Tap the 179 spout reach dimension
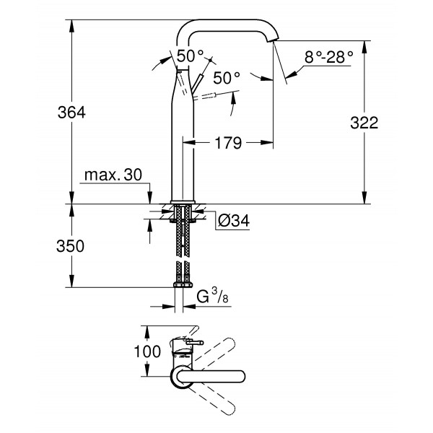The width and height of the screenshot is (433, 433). tap(229, 144)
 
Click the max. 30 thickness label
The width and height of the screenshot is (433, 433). tap(114, 175)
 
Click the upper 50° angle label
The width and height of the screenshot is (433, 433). tap(190, 55)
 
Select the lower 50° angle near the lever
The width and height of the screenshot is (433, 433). tap(226, 78)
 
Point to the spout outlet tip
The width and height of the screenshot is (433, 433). tap(273, 41)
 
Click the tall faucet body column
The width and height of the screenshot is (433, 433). tap(183, 144)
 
